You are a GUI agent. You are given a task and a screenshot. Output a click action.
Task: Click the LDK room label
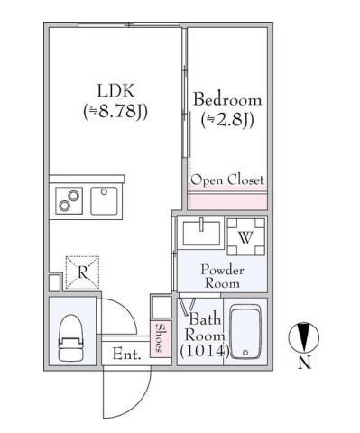point(115,91)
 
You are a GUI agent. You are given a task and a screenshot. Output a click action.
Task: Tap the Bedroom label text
point(227,100)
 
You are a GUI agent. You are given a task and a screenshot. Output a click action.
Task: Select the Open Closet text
point(227,180)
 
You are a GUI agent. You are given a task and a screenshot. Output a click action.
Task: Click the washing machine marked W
point(245,237)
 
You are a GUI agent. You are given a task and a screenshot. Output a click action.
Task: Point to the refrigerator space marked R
point(82,272)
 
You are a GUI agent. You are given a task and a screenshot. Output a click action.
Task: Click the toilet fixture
point(71,337)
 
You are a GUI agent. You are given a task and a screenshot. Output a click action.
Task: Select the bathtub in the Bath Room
point(245,332)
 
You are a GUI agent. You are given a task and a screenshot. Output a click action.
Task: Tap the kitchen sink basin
point(104,201)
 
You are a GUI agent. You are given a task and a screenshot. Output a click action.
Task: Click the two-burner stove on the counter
point(69,201)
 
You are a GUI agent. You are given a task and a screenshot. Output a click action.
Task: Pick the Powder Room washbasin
point(201,233)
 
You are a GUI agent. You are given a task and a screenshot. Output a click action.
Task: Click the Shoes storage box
point(161,339)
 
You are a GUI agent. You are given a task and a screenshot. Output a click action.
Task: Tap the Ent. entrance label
point(126,355)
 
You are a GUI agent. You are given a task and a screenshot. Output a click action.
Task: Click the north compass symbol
point(304,337)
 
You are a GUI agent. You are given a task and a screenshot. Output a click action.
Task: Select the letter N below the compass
point(304,363)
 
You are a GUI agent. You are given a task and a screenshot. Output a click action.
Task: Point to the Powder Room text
point(222,277)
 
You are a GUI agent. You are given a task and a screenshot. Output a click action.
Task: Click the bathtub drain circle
point(245,353)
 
